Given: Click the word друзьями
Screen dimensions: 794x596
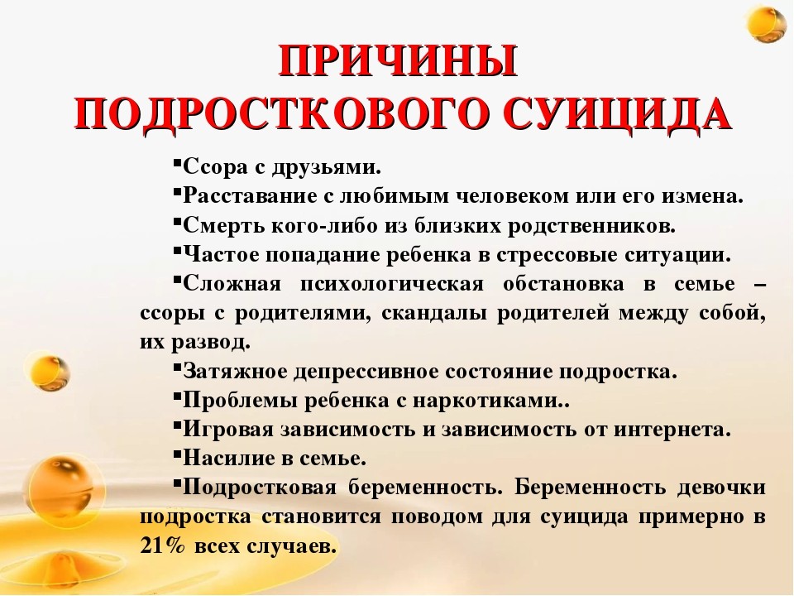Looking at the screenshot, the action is click(326, 167).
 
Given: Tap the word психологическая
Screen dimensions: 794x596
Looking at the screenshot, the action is click(392, 284).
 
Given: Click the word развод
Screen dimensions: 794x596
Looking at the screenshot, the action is click(211, 343).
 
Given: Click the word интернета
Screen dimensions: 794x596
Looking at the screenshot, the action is click(672, 430).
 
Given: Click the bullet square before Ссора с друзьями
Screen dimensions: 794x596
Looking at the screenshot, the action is click(177, 163).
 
